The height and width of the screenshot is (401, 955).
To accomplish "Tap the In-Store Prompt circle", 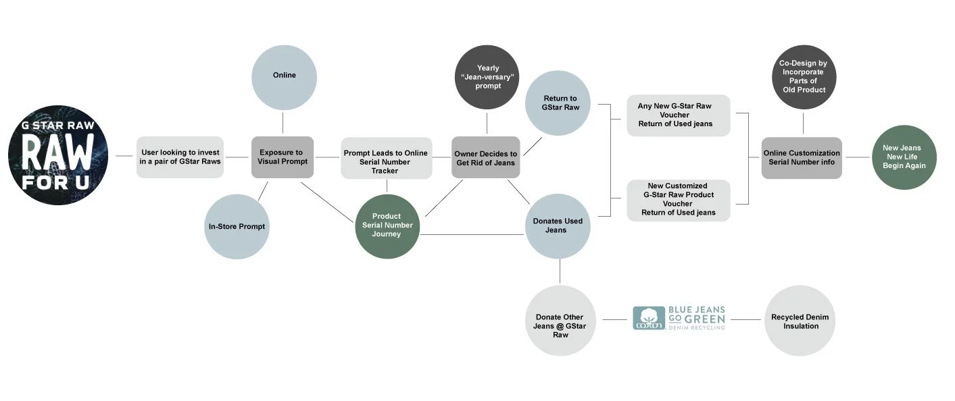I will click(x=237, y=227).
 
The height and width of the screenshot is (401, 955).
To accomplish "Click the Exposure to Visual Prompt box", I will click(x=283, y=157).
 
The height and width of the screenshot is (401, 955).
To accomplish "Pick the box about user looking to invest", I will click(x=180, y=157).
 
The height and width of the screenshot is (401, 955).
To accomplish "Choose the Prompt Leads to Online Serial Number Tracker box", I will click(x=386, y=158).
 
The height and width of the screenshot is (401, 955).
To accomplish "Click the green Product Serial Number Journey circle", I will click(x=387, y=225).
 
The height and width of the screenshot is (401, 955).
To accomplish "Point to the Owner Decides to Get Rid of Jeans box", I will click(x=485, y=158).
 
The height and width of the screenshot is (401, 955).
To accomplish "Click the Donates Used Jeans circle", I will click(x=558, y=225).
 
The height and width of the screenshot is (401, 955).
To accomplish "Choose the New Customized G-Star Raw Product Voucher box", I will click(x=679, y=200).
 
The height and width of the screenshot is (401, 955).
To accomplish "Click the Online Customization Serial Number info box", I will click(x=802, y=158).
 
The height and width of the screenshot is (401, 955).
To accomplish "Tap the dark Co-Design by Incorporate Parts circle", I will click(x=803, y=77).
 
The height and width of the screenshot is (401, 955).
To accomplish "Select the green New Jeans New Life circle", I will click(x=904, y=157).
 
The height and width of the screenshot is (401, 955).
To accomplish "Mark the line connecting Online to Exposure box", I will click(x=283, y=123).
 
